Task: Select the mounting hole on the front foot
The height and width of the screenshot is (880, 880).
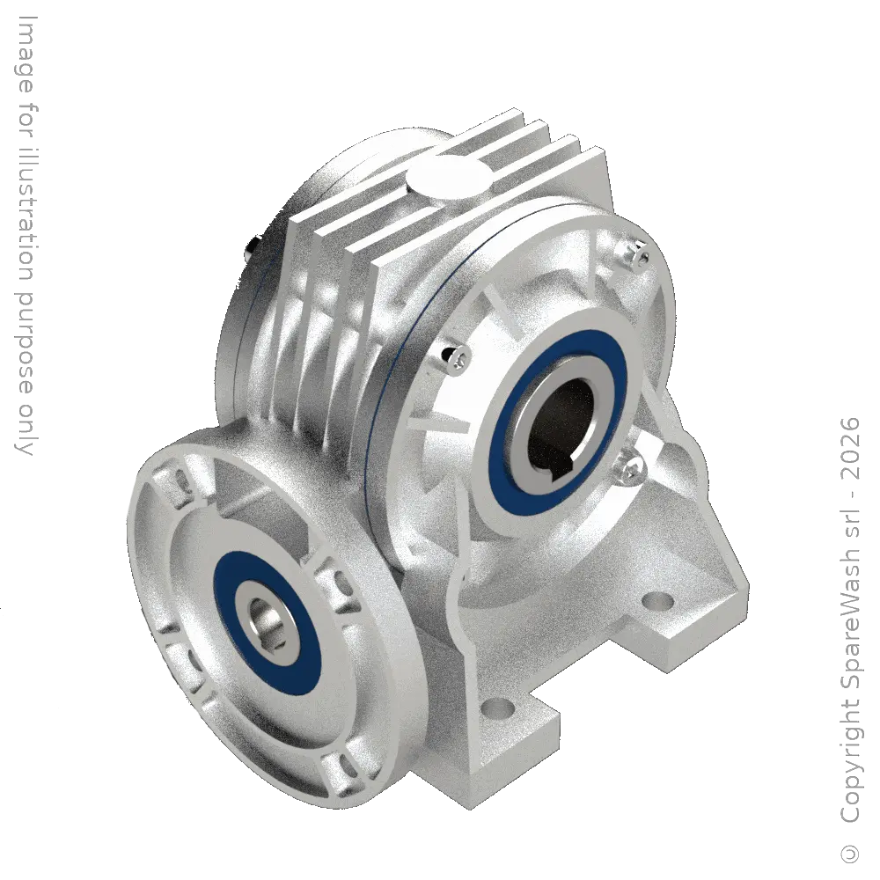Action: point(500,706)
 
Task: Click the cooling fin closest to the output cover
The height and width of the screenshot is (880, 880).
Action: point(370,290)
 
